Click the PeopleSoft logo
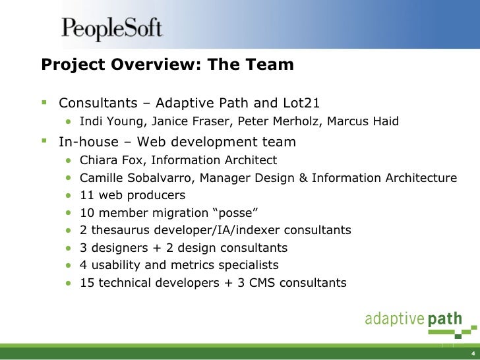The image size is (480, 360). (x=111, y=29)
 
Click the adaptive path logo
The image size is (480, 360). (x=413, y=320)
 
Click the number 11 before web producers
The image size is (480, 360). (x=86, y=195)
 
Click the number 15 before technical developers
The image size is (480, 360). (x=86, y=283)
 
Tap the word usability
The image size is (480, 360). (x=113, y=265)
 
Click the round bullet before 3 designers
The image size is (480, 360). (x=69, y=249)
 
